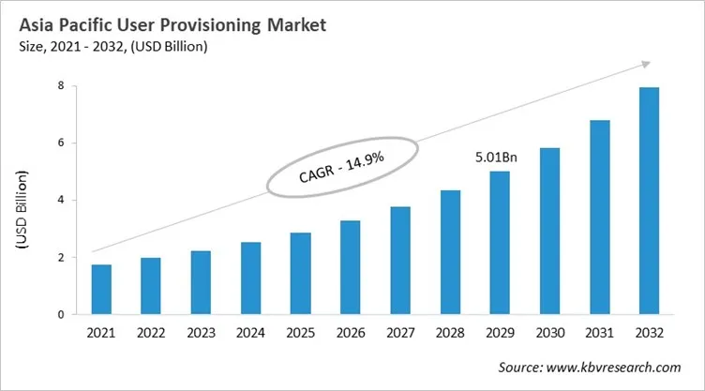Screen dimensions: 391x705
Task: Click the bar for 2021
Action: tap(101, 290)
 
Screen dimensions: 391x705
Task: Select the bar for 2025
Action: tap(302, 274)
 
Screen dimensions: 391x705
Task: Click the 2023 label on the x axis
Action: tap(202, 334)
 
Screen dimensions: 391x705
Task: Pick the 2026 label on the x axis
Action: tap(352, 334)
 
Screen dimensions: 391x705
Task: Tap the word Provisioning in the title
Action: tap(200, 25)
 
